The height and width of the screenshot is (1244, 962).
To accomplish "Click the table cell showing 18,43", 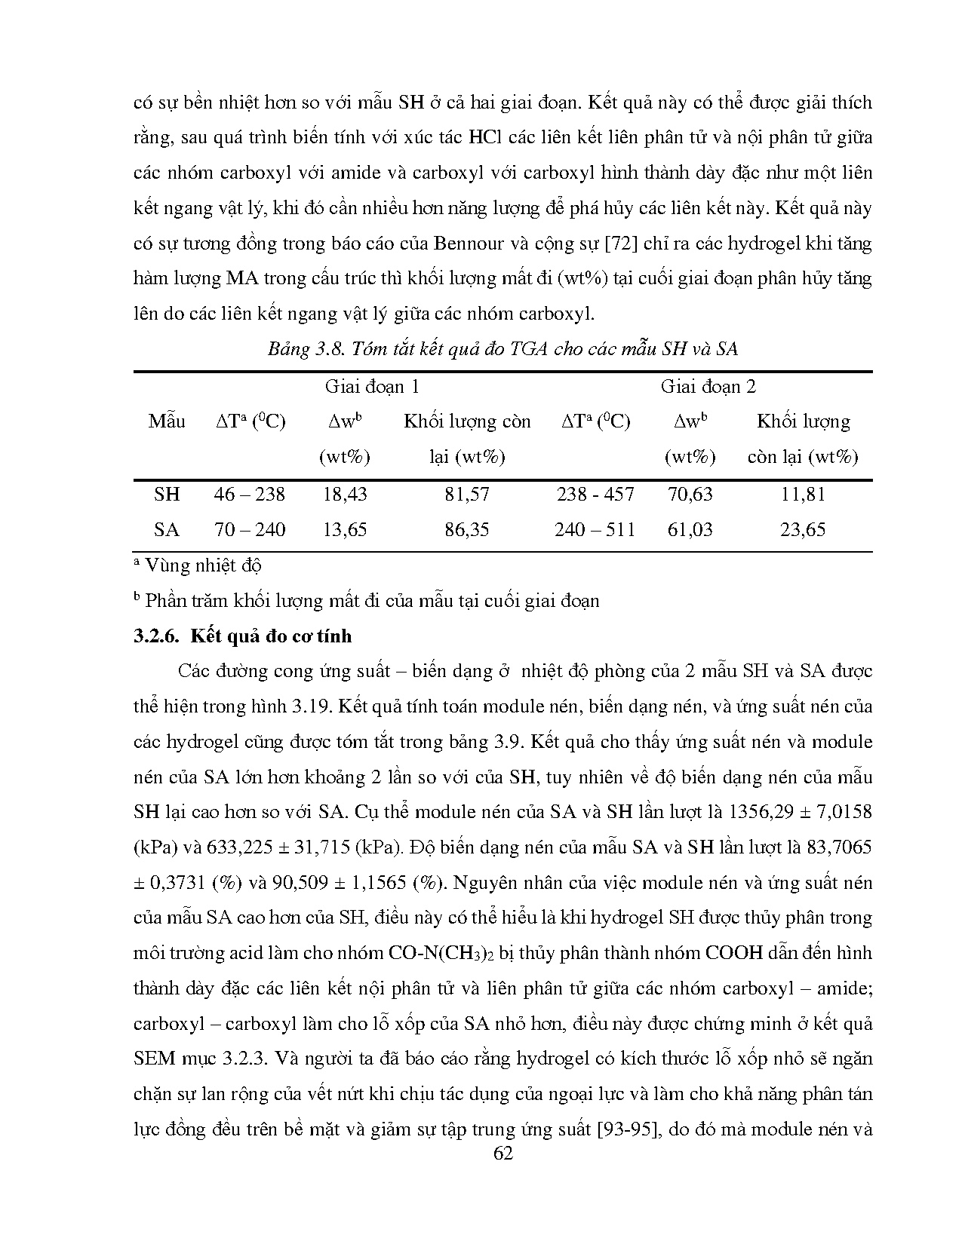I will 344,495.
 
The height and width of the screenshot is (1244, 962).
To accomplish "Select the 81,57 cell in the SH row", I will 466,495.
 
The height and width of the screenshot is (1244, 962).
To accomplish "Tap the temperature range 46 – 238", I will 250,495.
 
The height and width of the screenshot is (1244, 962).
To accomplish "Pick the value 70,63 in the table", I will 690,495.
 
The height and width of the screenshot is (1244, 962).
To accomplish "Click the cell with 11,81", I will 803,495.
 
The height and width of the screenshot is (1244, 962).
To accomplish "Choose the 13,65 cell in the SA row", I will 344,529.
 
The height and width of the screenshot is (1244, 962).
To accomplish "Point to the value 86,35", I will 466,529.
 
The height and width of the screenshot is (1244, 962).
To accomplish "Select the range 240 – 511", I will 595,529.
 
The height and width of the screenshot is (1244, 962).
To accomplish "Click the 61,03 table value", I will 690,529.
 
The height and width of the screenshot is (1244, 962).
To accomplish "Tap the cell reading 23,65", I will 803,529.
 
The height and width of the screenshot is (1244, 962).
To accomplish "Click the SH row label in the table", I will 167,495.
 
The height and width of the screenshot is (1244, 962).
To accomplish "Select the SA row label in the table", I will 167,529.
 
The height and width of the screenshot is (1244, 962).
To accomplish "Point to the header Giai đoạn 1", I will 372,387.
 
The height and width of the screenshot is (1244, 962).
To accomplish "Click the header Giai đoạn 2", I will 708,387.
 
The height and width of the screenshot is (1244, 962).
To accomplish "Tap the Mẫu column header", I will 167,421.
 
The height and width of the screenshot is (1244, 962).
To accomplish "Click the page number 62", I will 503,1153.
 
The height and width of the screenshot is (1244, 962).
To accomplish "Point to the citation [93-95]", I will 628,1129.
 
